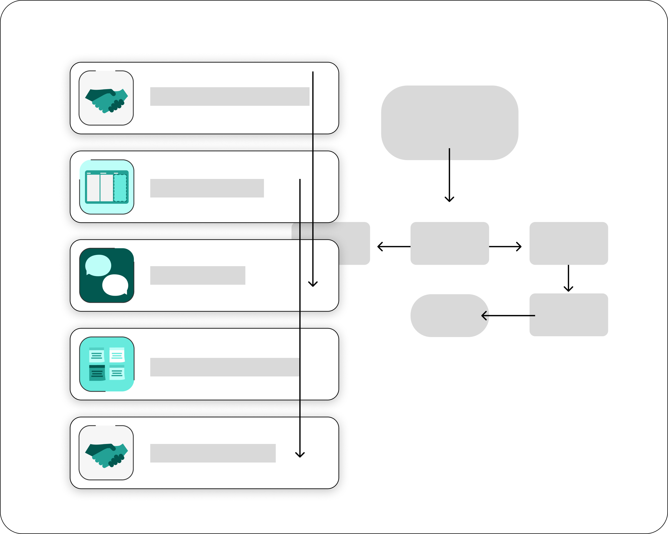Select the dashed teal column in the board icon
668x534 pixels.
[120, 188]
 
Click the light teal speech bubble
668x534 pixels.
[98, 265]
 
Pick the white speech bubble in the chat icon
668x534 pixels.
[115, 285]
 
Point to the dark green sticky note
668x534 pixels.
[97, 373]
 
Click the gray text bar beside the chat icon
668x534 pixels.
[198, 275]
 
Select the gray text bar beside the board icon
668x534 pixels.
[207, 188]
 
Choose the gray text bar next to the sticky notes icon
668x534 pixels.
[224, 367]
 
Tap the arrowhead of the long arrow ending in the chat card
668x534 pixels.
[313, 284]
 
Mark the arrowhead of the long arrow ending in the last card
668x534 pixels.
[300, 455]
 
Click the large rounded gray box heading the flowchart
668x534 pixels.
[450, 118]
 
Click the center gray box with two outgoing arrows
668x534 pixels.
[450, 243]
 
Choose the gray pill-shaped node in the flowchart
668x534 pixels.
[446, 315]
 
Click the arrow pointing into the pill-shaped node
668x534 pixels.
[508, 316]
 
